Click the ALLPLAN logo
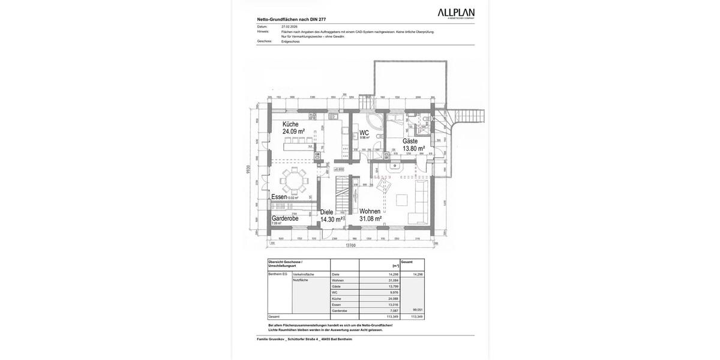click(455, 13)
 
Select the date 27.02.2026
click(289, 26)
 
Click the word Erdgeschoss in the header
click(290, 41)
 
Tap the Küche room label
click(290, 124)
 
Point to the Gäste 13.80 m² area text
click(413, 148)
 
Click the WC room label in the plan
click(364, 133)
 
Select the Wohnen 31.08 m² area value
click(370, 219)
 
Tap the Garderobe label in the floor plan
click(285, 218)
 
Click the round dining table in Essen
click(294, 180)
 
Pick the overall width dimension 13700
click(350, 245)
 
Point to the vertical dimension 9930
click(248, 170)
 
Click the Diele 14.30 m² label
click(331, 216)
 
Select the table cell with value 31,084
click(394, 280)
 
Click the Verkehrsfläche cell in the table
click(304, 274)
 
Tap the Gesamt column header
click(407, 262)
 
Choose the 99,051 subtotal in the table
click(418, 310)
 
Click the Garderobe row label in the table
click(340, 311)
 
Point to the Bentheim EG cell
click(278, 274)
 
